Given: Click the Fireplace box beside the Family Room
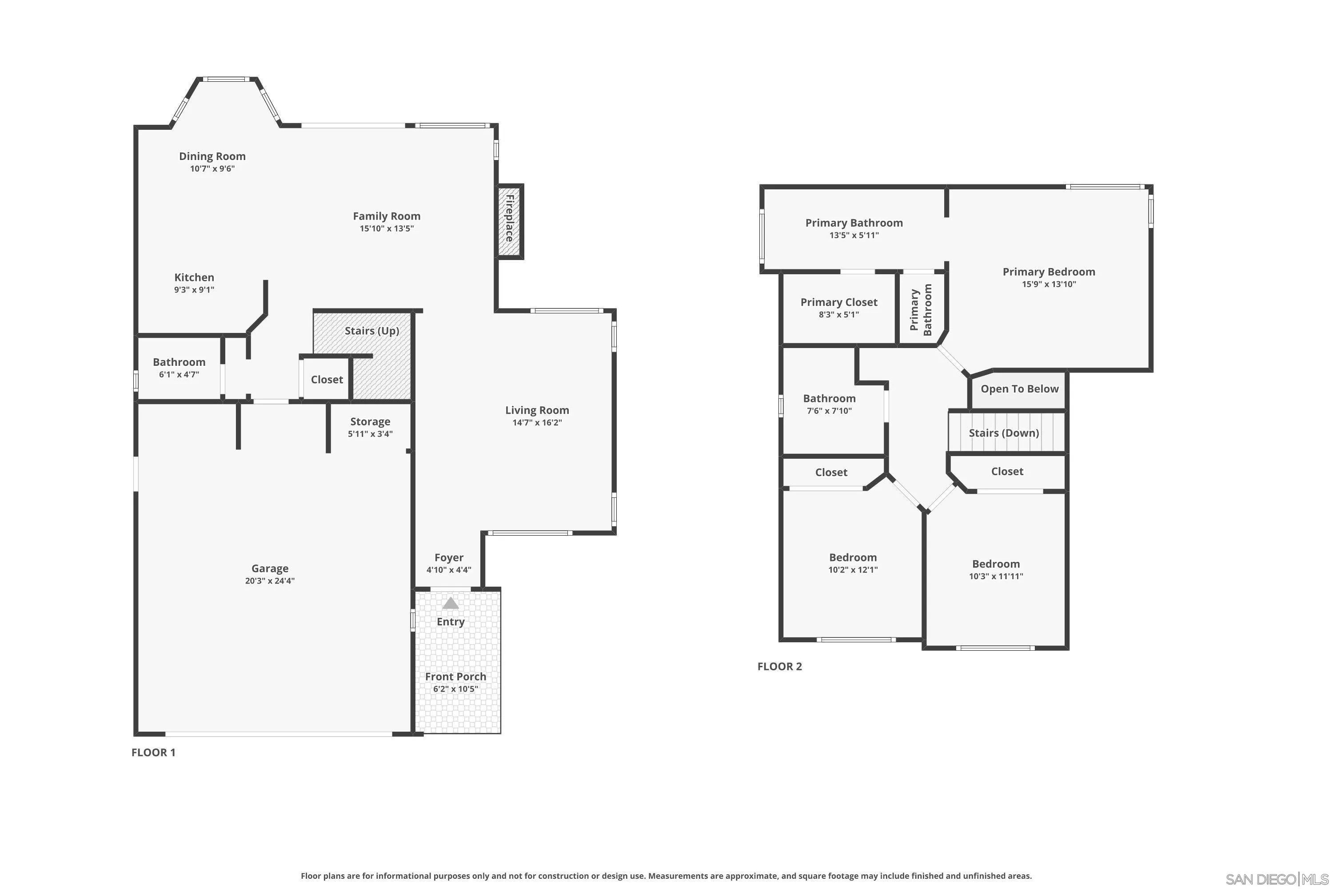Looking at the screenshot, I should [x=510, y=221].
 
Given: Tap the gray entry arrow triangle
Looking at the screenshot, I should [x=451, y=603].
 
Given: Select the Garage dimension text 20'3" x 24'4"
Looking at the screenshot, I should [x=270, y=581].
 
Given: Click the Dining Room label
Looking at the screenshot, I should [x=212, y=156].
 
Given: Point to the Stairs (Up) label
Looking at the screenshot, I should [x=372, y=331].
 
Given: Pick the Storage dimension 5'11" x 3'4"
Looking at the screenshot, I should [x=370, y=434].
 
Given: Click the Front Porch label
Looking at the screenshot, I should [x=456, y=677].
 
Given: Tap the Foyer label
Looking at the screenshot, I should [x=449, y=557].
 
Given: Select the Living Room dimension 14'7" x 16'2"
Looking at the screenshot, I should [x=537, y=422].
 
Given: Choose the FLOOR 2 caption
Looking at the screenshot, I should [x=779, y=666].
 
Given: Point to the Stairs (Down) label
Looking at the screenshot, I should [x=1004, y=433].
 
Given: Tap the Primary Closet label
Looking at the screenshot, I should [x=839, y=302].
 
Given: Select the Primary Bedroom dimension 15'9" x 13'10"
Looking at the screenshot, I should [x=1049, y=284].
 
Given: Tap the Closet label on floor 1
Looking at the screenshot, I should [x=327, y=379].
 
